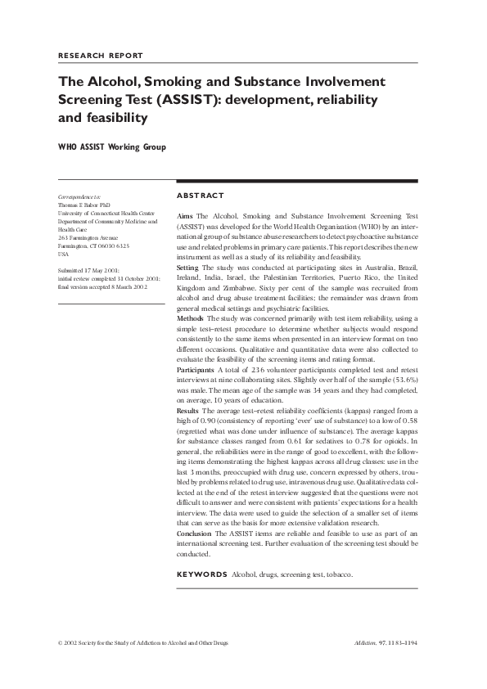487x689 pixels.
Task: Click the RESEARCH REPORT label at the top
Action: pyautogui.click(x=101, y=56)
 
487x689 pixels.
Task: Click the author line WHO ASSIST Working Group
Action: pyautogui.click(x=111, y=147)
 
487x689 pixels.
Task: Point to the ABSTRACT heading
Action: pyautogui.click(x=201, y=196)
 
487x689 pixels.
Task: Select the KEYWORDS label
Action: pyautogui.click(x=201, y=574)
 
